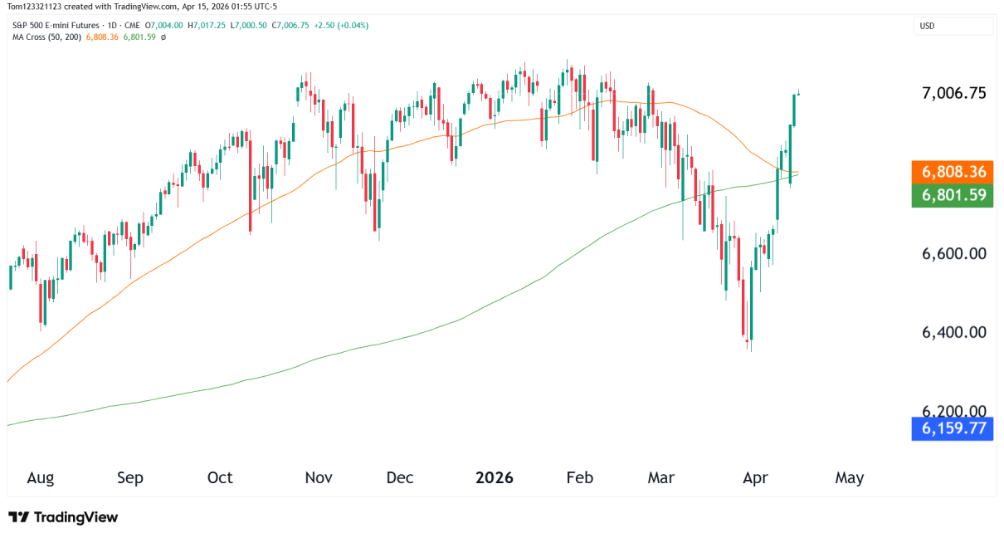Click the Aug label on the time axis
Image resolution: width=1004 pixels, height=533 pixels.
(40, 477)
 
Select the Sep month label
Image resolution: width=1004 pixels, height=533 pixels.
(130, 477)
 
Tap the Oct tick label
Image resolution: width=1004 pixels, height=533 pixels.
(220, 477)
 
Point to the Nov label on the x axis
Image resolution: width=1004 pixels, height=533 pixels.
(319, 477)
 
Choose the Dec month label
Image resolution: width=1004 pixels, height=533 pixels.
(400, 477)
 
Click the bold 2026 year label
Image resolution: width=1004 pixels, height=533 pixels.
(495, 477)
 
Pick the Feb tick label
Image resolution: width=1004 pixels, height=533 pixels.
(579, 477)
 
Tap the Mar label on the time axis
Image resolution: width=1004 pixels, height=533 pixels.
(661, 477)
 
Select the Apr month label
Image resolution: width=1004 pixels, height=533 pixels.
(754, 477)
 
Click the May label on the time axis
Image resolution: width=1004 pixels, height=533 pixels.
(850, 477)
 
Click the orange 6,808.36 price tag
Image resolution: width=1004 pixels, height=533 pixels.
(952, 172)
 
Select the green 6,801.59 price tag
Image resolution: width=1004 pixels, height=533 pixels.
(952, 195)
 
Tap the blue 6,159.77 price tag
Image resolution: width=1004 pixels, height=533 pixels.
(952, 428)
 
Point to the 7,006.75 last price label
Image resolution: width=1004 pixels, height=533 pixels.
(954, 93)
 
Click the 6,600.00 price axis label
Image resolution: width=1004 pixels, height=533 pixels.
(954, 252)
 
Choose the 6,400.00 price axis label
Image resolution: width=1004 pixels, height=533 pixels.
(954, 332)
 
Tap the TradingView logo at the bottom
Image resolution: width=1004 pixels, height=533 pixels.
(64, 517)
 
